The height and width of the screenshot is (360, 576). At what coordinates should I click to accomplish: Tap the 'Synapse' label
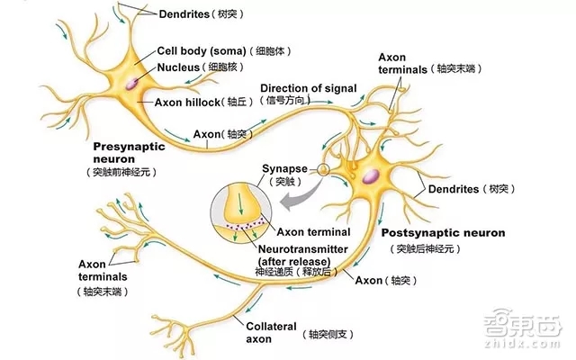(284, 168)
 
